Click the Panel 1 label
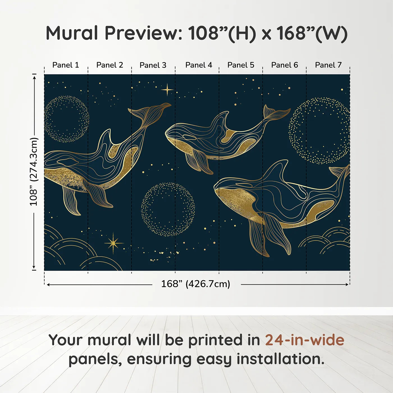pos(65,65)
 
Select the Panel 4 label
pos(199,65)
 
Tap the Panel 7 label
pos(328,65)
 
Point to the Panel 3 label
pos(153,65)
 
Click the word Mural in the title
pos(72,33)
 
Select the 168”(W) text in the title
pos(312,33)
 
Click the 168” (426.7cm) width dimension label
pos(196,284)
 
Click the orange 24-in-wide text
pos(305,340)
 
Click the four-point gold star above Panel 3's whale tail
pos(167,90)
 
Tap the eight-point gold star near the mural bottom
pos(113,243)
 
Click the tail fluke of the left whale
pos(150,111)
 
